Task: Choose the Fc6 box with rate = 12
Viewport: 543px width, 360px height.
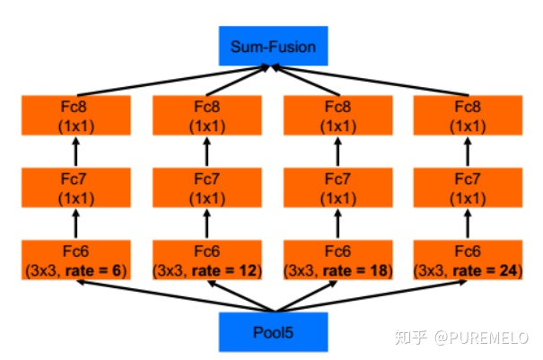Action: pos(206,259)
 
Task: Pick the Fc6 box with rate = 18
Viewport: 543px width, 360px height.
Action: pos(338,259)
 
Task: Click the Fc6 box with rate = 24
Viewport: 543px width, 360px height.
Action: pos(469,259)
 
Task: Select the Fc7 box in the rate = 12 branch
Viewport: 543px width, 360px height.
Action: pos(206,187)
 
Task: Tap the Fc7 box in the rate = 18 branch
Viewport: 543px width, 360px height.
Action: pos(338,187)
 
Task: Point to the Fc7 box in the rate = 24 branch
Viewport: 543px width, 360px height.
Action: pos(469,187)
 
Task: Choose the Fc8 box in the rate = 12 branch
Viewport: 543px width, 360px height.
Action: pos(206,114)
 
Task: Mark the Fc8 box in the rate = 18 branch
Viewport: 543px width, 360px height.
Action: pos(338,114)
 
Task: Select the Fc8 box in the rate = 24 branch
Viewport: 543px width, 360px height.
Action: pos(469,114)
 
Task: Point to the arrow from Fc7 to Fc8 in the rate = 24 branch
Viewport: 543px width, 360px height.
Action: pos(469,151)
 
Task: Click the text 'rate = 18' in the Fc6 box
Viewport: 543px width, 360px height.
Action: pos(360,268)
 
